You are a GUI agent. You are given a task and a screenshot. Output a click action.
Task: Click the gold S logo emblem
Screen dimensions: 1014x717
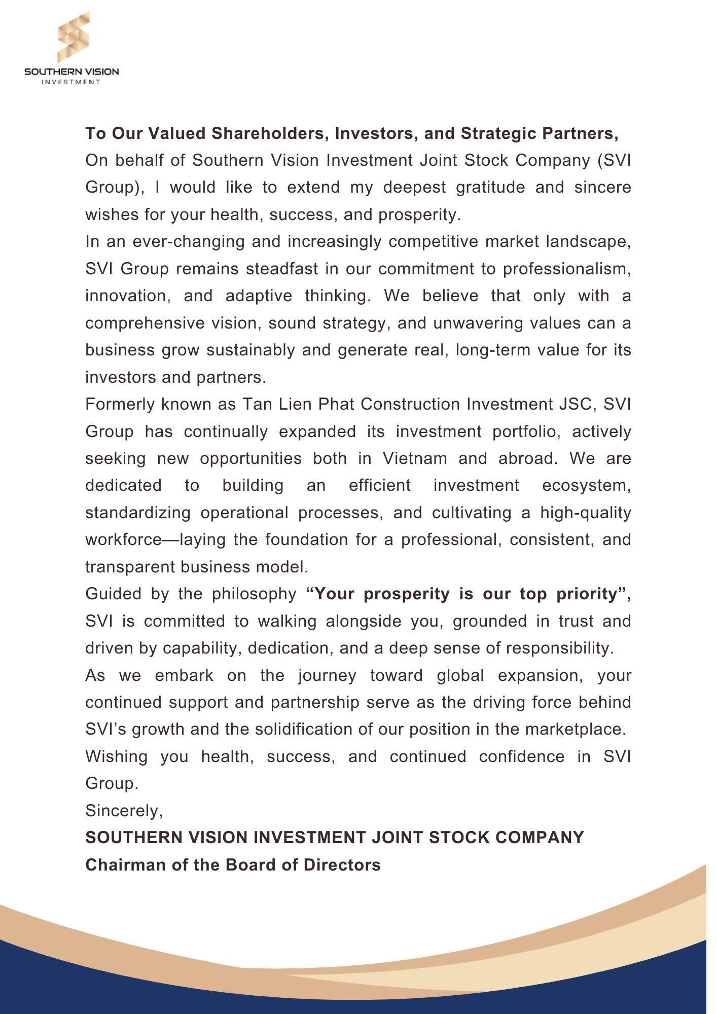(74, 37)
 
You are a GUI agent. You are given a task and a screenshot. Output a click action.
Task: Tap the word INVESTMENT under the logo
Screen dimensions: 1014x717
(71, 82)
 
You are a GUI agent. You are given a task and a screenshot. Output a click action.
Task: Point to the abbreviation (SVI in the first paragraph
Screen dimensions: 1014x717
(614, 160)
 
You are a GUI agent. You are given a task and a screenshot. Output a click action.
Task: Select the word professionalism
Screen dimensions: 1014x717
(566, 269)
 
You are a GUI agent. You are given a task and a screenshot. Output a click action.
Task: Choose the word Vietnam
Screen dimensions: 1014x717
(415, 458)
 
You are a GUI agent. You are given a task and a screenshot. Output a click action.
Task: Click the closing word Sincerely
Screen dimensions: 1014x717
(123, 811)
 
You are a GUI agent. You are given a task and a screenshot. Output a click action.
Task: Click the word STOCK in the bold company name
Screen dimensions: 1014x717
(459, 838)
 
